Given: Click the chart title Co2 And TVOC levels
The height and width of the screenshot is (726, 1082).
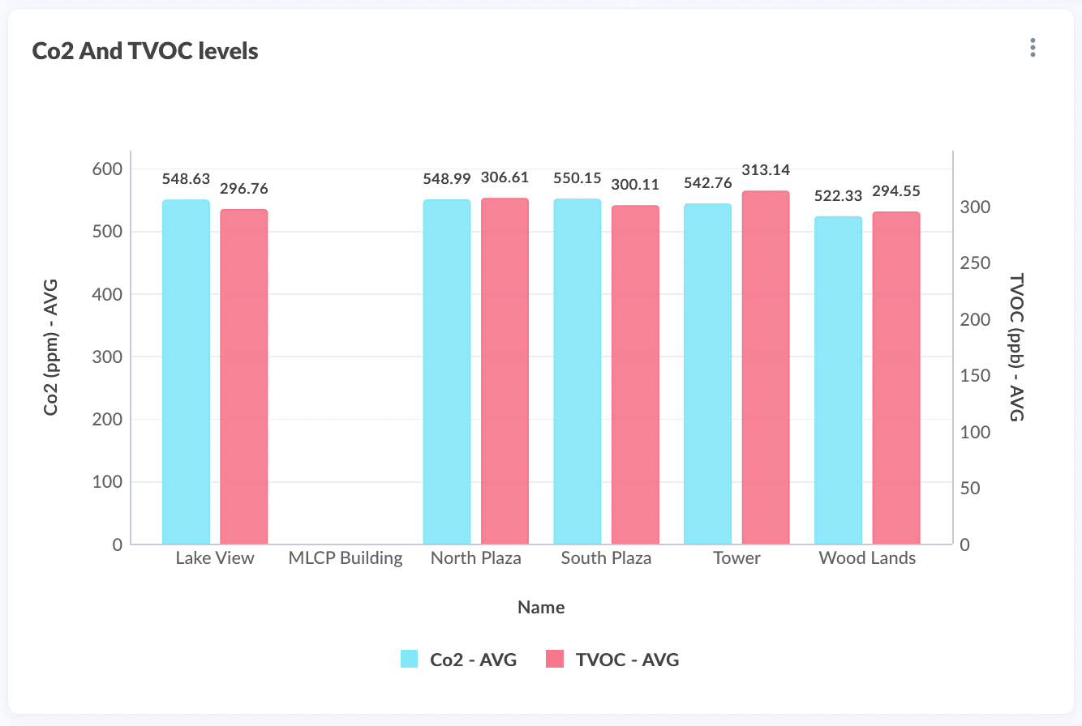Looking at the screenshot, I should tap(145, 51).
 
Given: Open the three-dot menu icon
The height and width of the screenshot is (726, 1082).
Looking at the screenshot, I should tap(1033, 48).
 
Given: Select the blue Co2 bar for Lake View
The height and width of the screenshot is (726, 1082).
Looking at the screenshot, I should tap(186, 372).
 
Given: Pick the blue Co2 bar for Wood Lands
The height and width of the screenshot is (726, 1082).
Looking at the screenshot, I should tap(838, 381).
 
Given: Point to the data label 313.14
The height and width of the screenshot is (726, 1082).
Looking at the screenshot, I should tap(766, 170).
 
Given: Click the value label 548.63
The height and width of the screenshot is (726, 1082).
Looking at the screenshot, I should tap(186, 178).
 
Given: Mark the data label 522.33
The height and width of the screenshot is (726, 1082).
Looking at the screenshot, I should tap(838, 196).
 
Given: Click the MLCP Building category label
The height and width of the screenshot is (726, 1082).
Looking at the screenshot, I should tap(346, 558).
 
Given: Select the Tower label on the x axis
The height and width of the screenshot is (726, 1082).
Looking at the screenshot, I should tap(736, 558).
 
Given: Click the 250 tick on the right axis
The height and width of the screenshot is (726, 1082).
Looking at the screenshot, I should tap(974, 263).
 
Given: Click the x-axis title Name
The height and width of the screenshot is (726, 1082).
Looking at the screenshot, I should tap(541, 607).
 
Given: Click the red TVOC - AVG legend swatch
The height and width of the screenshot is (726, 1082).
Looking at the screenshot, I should tap(556, 660).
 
